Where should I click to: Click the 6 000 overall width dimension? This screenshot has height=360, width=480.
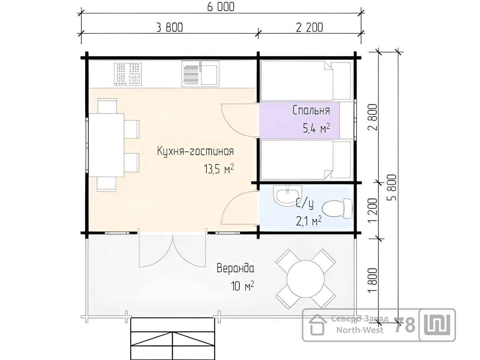point(220,6)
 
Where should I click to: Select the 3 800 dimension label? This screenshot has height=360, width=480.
point(170,28)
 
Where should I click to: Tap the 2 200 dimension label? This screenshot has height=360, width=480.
point(309,27)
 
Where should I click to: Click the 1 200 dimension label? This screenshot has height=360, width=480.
point(373,210)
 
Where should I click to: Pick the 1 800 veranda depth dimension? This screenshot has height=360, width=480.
point(373,280)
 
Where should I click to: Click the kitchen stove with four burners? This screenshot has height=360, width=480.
point(128,74)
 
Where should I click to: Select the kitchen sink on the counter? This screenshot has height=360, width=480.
point(200,73)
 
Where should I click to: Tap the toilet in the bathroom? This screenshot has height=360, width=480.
point(337,208)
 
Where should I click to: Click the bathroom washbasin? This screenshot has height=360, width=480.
point(287,195)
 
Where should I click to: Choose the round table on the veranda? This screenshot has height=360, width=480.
point(306,279)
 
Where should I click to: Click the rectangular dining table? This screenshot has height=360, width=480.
point(106,145)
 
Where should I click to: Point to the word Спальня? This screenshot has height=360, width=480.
point(311,110)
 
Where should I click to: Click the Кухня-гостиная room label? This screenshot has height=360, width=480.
point(195,151)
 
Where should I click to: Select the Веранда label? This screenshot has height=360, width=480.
point(235,268)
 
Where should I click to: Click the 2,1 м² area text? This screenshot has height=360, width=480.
point(309,220)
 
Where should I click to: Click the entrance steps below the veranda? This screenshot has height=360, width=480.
point(173,339)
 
